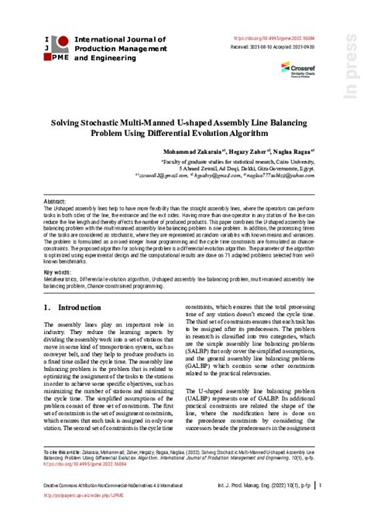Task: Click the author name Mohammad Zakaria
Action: [x=186, y=152]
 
